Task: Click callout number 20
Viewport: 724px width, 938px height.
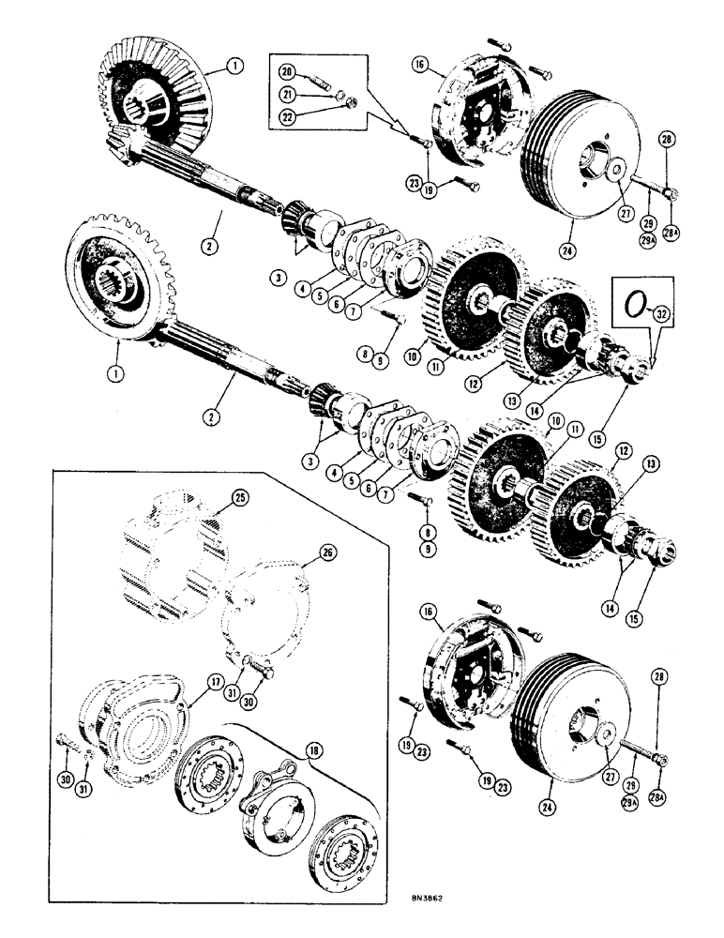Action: [288, 72]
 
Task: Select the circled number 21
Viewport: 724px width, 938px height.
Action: [288, 94]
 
